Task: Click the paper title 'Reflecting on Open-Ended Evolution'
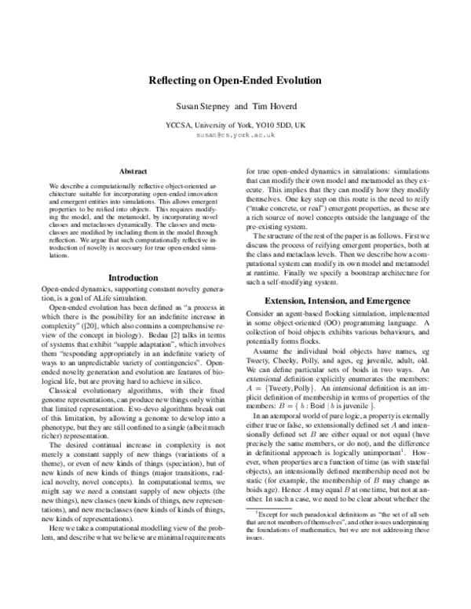point(235,80)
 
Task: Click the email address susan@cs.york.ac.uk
point(235,135)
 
